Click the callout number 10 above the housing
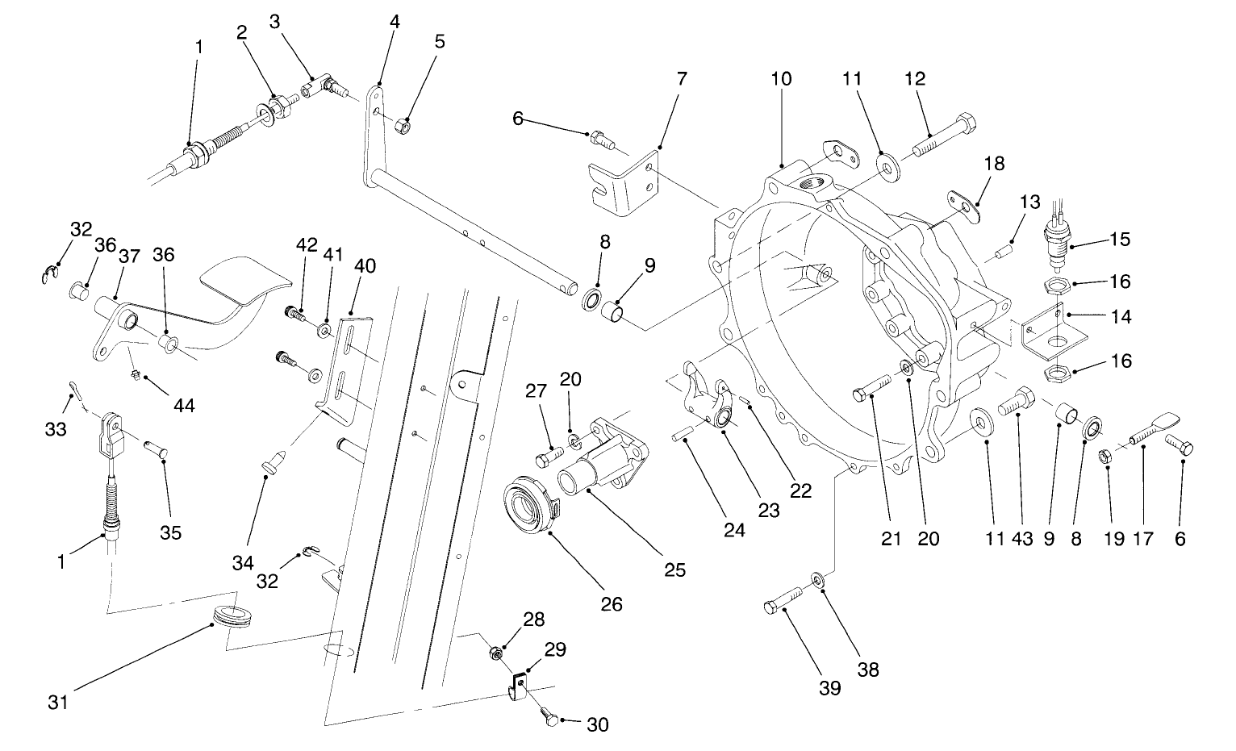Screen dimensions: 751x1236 pyautogui.click(x=781, y=79)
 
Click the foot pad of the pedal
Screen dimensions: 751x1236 pyautogui.click(x=242, y=280)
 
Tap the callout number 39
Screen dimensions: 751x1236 pyautogui.click(x=829, y=688)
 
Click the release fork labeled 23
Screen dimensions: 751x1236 pyautogui.click(x=705, y=400)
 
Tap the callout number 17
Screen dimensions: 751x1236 pyautogui.click(x=1143, y=539)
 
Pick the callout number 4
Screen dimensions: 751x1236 pyautogui.click(x=394, y=22)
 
